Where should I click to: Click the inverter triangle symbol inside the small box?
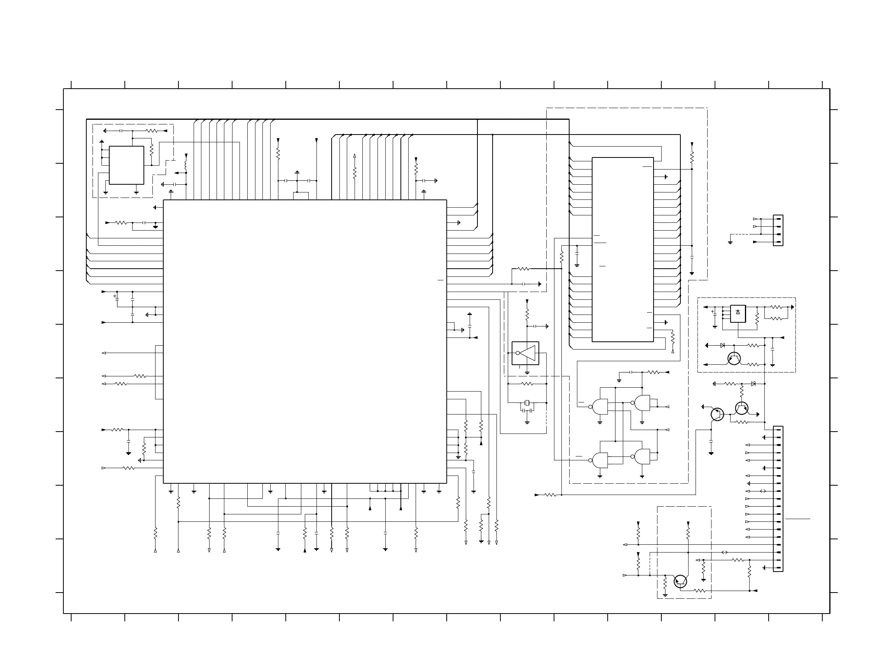pos(527,353)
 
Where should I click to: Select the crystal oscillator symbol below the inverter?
pos(527,403)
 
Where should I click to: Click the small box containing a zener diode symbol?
pos(738,313)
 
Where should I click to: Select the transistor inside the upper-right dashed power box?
pos(734,358)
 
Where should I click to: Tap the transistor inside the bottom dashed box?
pos(680,581)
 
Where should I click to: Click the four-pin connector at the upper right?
pos(778,230)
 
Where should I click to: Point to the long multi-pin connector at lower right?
pos(778,498)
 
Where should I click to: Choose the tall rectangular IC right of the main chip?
pos(622,249)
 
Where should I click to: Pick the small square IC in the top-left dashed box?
pos(126,165)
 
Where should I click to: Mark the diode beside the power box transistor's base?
pos(722,345)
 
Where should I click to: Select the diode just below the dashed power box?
pos(753,384)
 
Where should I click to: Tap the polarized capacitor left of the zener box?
pos(715,313)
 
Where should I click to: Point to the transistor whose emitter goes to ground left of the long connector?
pos(717,414)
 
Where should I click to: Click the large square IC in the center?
pos(305,341)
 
